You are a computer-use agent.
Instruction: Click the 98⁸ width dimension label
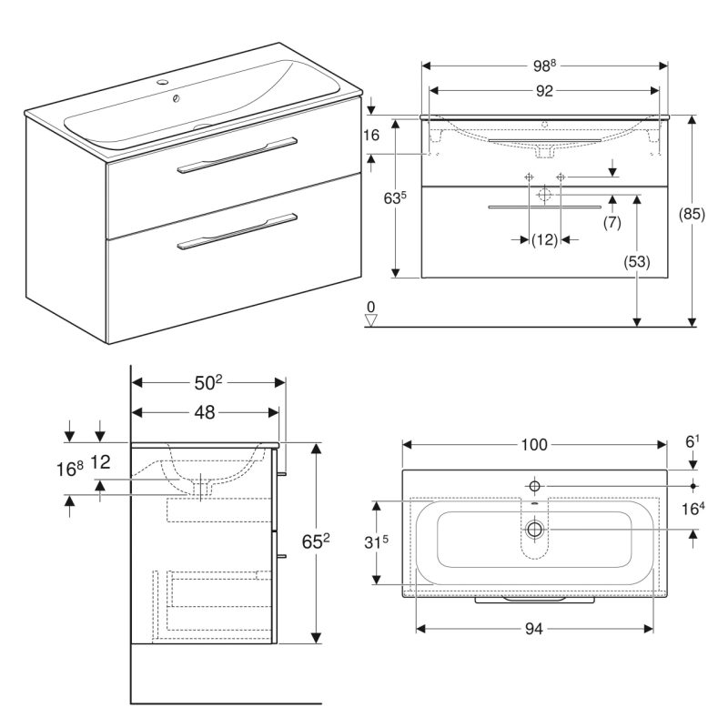[544, 66]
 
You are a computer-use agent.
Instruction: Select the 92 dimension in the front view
[544, 90]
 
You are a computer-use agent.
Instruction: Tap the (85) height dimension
[693, 215]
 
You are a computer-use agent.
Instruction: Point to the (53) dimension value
[637, 262]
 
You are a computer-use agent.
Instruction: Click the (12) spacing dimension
[544, 239]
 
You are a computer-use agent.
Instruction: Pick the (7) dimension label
[612, 222]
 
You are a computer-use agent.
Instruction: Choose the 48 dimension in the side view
[204, 412]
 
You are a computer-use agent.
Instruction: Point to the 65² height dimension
[315, 543]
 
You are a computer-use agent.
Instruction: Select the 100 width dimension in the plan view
[534, 445]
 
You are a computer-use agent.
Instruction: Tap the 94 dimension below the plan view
[534, 628]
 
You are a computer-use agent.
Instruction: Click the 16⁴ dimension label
[694, 509]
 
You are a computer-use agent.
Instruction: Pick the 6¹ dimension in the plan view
[693, 440]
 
